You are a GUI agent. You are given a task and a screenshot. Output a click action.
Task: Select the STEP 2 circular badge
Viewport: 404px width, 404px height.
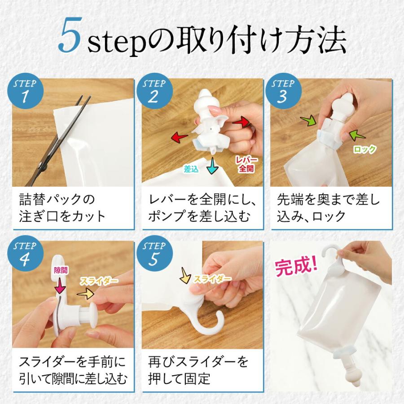pos(154,91)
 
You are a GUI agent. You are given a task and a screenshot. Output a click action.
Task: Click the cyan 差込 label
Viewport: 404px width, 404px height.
pos(191,169)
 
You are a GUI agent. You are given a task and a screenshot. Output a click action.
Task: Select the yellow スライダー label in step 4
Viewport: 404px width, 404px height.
pos(98,281)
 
